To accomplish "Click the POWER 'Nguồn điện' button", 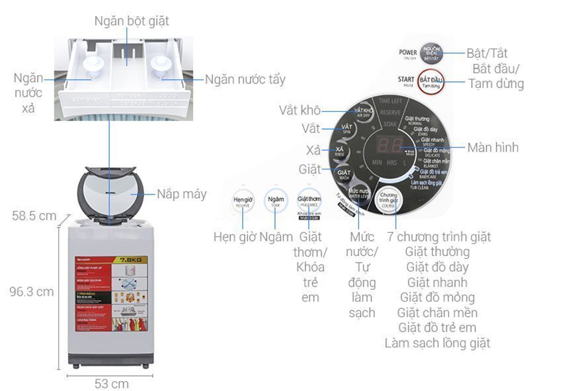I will (452, 54).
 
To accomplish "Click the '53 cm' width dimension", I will (110, 383).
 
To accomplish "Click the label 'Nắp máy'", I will (181, 194).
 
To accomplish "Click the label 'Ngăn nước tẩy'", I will (245, 79).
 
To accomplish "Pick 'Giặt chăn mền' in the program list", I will (437, 312).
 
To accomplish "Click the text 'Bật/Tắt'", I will (487, 54).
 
